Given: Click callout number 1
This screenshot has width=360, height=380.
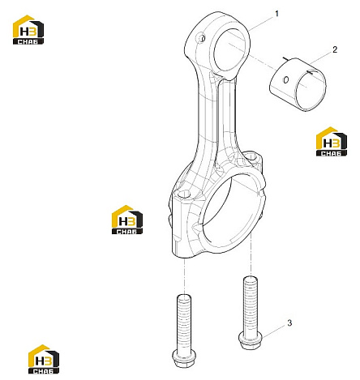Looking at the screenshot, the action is click(276, 14).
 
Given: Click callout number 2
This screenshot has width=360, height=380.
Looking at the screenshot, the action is click(335, 49).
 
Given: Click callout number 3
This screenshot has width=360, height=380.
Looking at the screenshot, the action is click(289, 322).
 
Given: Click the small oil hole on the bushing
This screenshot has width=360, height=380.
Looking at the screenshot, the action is click(285, 79).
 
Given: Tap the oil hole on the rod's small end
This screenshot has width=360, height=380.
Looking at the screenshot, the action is click(202, 38).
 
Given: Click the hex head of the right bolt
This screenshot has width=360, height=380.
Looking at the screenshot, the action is click(251, 340).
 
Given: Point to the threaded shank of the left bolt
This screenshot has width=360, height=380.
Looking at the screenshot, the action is click(184, 322).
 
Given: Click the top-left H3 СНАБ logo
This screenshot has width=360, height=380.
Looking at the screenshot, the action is click(28, 30).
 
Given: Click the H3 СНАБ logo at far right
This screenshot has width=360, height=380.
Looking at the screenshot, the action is click(332, 142).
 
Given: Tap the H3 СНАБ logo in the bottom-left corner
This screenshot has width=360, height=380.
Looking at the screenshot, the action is click(44, 359).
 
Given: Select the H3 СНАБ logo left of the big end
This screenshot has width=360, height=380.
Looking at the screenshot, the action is click(127, 220).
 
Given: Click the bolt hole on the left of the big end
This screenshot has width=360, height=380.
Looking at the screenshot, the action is click(184, 194).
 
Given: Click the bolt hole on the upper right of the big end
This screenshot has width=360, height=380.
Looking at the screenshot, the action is click(252, 156).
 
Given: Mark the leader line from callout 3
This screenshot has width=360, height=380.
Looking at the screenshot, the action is click(273, 331).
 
